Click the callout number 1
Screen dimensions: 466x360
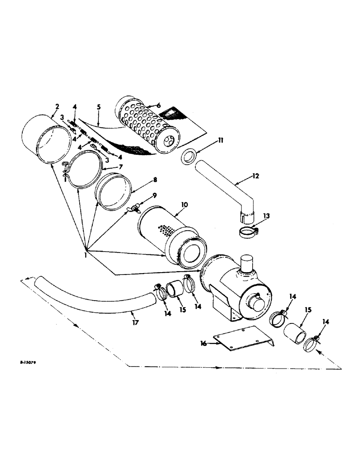[85, 255]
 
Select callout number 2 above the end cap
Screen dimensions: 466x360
[56, 107]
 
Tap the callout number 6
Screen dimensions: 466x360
[159, 106]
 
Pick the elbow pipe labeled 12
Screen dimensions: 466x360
[224, 186]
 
